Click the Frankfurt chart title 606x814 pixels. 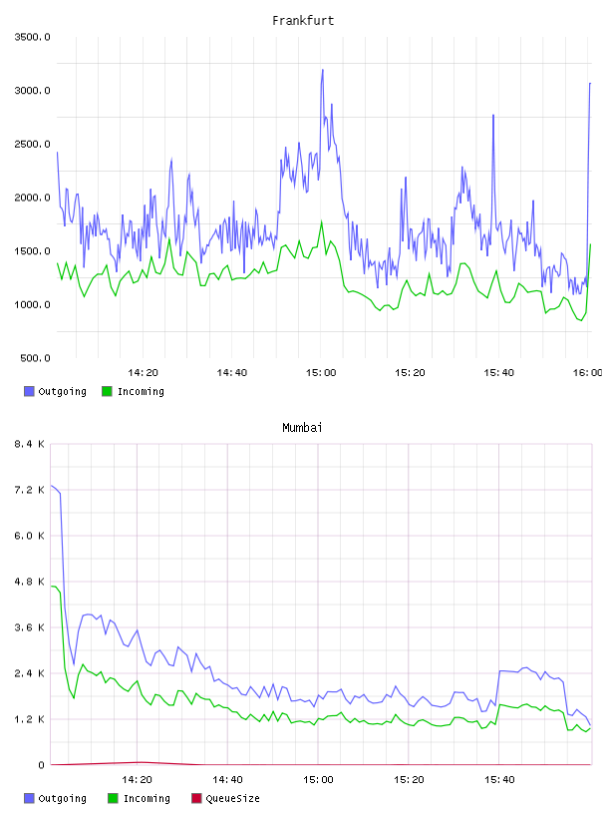(303, 21)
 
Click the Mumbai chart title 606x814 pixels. (302, 428)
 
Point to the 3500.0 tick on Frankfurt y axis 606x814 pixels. (32, 37)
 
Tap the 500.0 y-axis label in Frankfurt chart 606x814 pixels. (35, 358)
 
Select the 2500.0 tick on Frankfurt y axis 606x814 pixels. (32, 144)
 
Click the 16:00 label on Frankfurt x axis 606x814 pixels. (588, 373)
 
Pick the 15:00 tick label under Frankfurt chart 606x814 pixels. (321, 373)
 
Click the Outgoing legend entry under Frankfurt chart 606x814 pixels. (55, 391)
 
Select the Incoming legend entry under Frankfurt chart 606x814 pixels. (133, 391)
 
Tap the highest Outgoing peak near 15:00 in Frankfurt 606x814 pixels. (322, 70)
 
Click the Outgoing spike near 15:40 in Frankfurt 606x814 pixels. (493, 116)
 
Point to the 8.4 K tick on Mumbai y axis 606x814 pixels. (30, 444)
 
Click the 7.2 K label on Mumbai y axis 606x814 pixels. (30, 490)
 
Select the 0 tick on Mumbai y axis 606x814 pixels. (42, 765)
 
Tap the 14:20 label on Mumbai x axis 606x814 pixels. (137, 780)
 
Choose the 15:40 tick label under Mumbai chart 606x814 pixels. (499, 780)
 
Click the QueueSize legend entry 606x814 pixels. (225, 798)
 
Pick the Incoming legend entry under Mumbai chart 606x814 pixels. (139, 798)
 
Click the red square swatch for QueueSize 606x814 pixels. (196, 798)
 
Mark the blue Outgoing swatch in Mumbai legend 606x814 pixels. (29, 798)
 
